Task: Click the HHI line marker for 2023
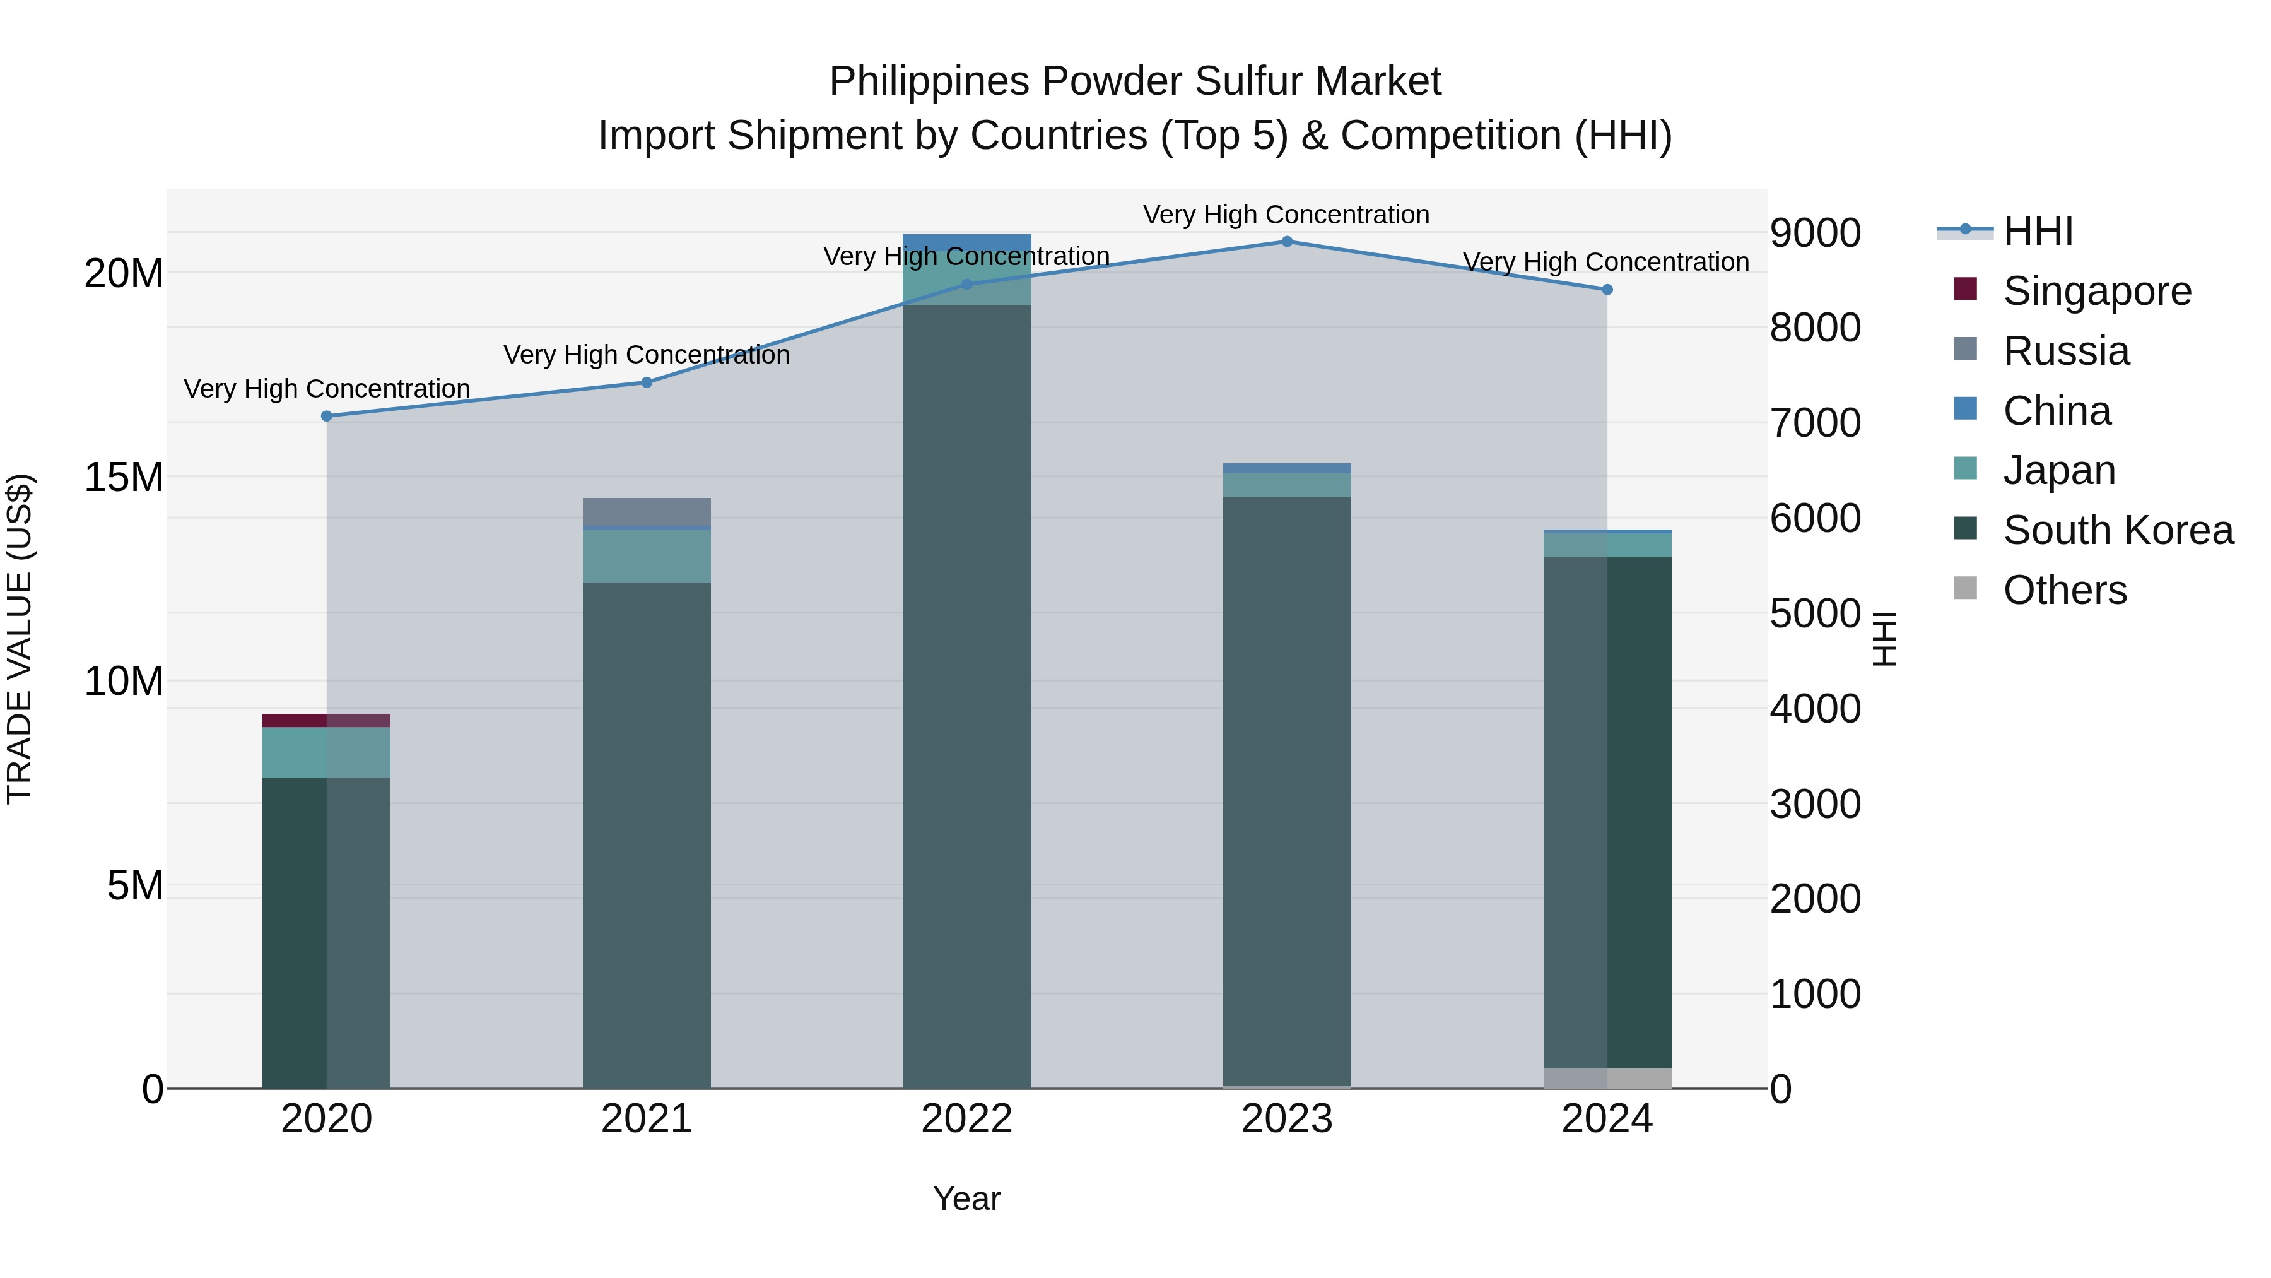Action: [x=1286, y=242]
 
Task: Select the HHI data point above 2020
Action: [x=326, y=417]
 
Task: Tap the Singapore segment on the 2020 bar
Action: [x=326, y=721]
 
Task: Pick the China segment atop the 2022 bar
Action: [x=966, y=241]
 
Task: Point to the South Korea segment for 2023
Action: [x=1286, y=794]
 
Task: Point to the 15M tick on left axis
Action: [x=124, y=477]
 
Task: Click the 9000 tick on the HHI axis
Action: [x=1815, y=233]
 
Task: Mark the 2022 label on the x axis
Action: [x=966, y=1119]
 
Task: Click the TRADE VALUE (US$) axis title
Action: [x=20, y=639]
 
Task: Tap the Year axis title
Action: [x=966, y=1198]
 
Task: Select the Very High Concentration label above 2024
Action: [x=1605, y=262]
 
